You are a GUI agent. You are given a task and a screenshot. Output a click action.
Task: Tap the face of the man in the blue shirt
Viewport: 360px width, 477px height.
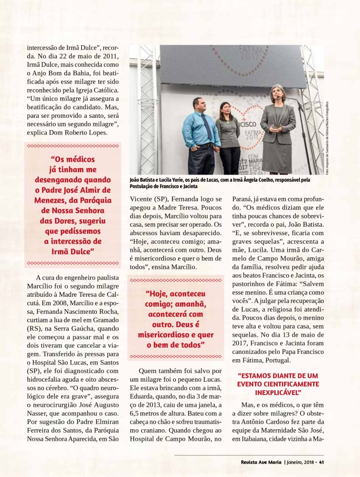(x=198, y=105)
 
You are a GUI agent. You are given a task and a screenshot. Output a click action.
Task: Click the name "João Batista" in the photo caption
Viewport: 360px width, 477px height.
(x=143, y=180)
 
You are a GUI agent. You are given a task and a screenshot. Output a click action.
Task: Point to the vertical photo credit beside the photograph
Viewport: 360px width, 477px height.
(x=328, y=138)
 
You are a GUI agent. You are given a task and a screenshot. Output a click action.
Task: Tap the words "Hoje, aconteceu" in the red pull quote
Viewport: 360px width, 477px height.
(x=175, y=294)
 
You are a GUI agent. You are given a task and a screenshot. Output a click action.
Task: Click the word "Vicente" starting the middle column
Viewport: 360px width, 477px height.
(x=141, y=198)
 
